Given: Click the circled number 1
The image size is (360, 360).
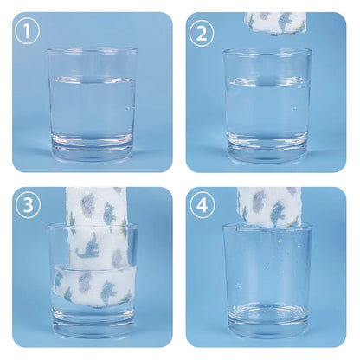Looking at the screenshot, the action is (27, 31).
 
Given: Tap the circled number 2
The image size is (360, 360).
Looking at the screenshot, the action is (202, 33).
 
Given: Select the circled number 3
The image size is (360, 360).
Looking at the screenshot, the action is (28, 205).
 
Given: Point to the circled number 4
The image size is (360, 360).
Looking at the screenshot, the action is (202, 205).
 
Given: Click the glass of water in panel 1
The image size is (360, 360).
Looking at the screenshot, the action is (92, 105).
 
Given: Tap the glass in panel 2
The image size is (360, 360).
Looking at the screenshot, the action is (267, 106).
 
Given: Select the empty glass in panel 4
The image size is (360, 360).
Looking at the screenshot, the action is (268, 280).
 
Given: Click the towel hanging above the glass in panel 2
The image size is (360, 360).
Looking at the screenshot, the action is (275, 23).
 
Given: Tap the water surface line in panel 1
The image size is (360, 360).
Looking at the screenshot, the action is (93, 80).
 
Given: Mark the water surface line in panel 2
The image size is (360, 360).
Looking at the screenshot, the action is (268, 80).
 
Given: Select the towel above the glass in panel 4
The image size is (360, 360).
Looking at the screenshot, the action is (270, 208).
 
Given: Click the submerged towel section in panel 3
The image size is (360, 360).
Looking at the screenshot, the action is (93, 286).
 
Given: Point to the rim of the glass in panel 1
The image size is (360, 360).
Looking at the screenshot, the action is (92, 51).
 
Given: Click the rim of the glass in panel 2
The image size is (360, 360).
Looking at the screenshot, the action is (267, 52).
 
